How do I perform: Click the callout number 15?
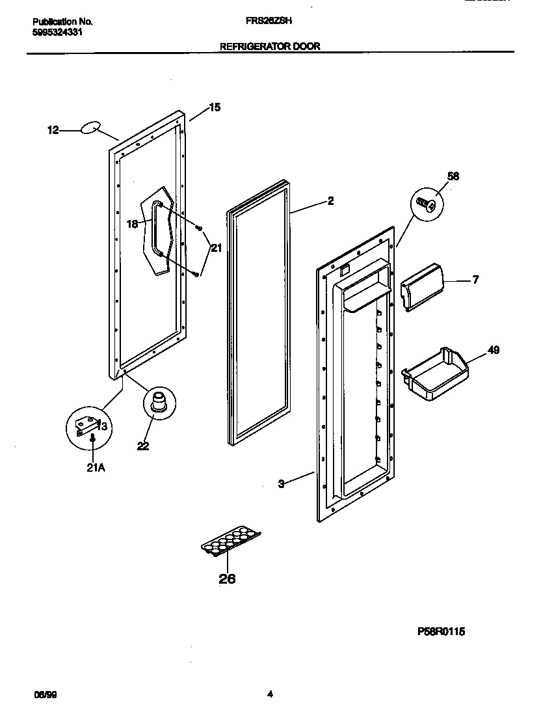(x=214, y=107)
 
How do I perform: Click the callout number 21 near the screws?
(x=216, y=247)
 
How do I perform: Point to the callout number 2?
(x=330, y=201)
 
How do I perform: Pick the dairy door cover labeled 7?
(x=422, y=287)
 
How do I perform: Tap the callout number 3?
(x=281, y=483)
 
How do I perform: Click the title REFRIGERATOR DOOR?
(x=270, y=47)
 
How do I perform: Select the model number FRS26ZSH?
(x=269, y=20)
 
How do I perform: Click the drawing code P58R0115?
(x=441, y=631)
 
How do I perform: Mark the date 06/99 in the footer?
(x=40, y=694)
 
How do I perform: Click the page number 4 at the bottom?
(x=270, y=694)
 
